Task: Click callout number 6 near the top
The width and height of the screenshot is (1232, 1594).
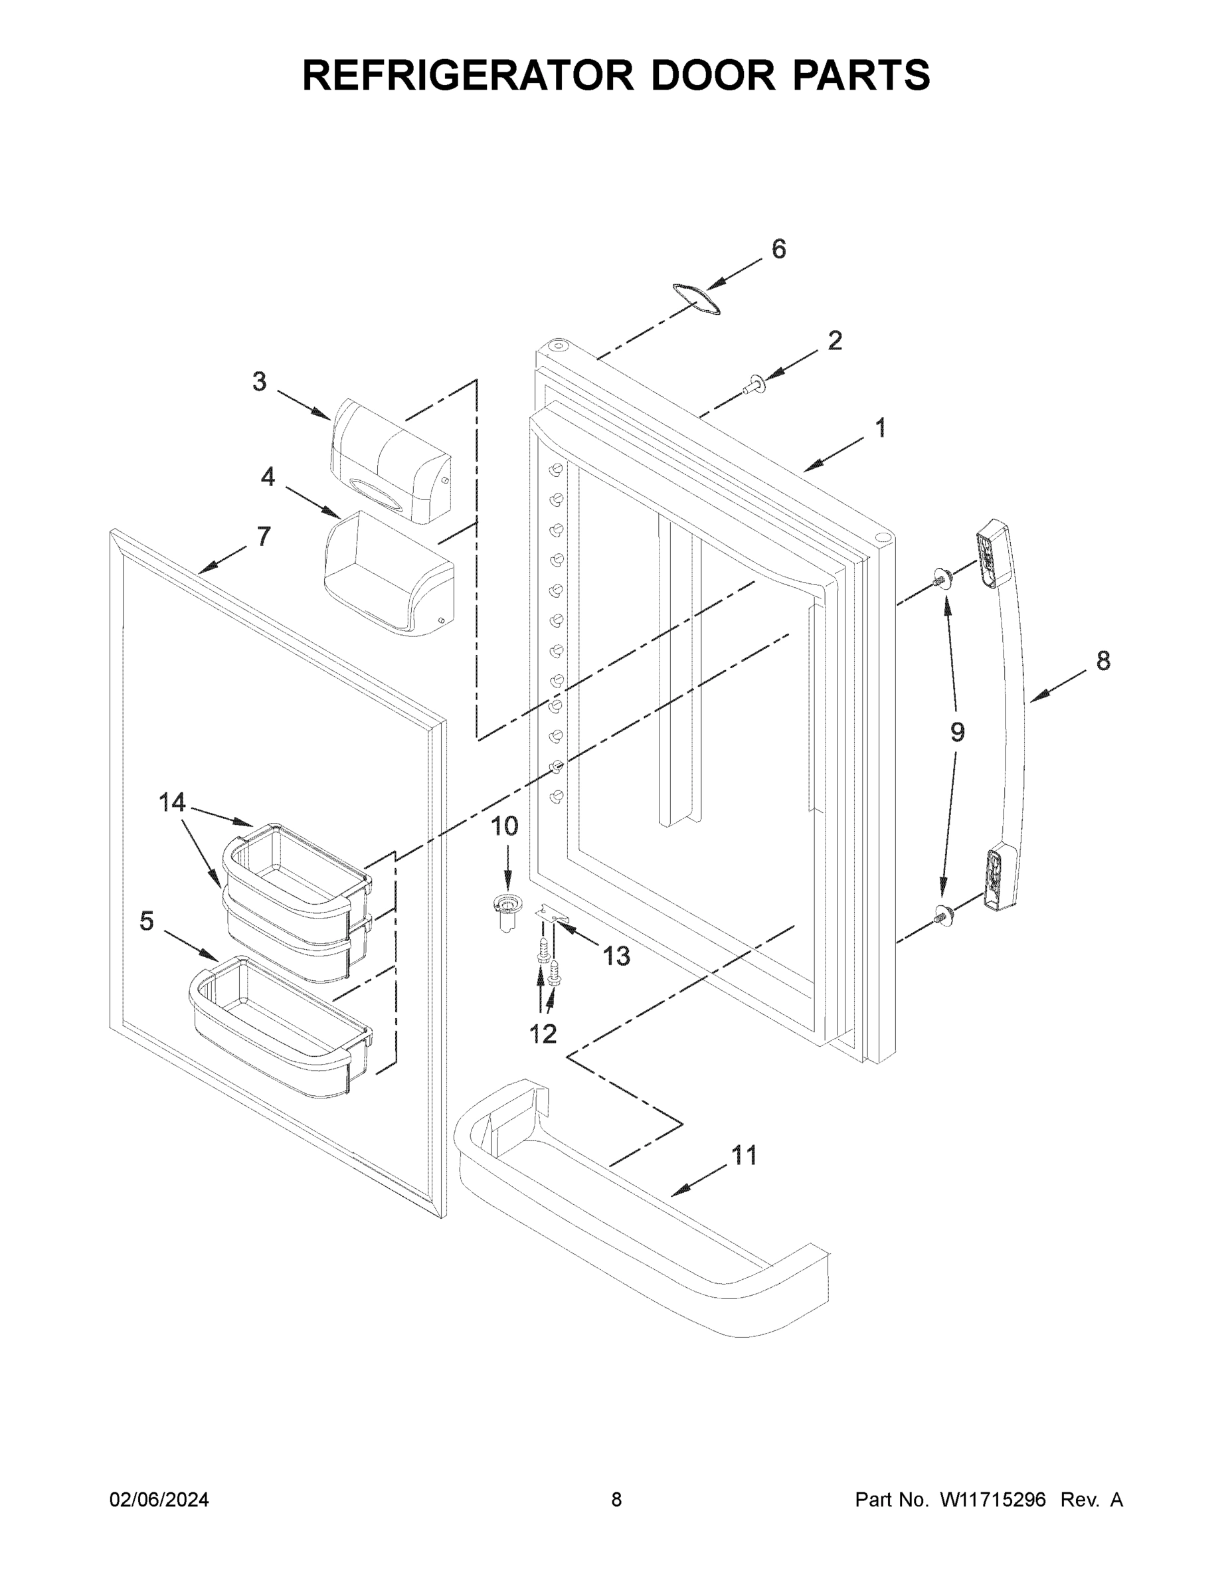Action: tap(779, 249)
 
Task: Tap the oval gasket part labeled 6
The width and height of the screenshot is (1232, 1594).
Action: tap(696, 298)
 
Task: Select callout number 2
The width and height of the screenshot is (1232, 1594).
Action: tap(835, 340)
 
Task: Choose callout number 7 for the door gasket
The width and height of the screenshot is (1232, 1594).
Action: tap(264, 537)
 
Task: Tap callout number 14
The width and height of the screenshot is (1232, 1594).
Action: tap(172, 802)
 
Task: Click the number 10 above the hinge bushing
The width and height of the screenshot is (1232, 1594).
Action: tap(503, 826)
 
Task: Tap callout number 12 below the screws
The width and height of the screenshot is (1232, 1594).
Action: tap(543, 1033)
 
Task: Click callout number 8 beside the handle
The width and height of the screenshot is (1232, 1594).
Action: tap(1102, 661)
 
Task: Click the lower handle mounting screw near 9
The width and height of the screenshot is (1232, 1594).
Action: tap(942, 914)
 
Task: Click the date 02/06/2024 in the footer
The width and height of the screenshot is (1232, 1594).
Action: tap(159, 1500)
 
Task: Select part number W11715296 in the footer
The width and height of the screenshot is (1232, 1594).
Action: tap(993, 1500)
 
